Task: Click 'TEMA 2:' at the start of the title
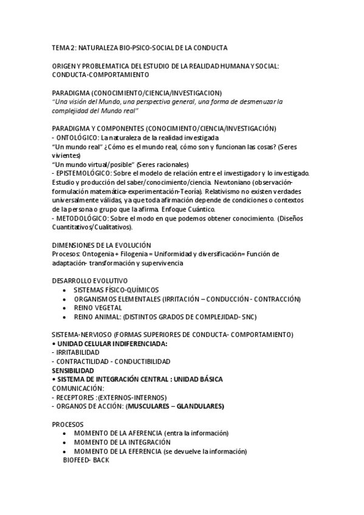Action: pyautogui.click(x=64, y=47)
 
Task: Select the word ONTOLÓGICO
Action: pyautogui.click(x=79, y=138)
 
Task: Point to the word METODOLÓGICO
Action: pyautogui.click(x=82, y=218)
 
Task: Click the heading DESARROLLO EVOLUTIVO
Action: pyautogui.click(x=89, y=281)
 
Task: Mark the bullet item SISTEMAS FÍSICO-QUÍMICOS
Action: pyautogui.click(x=115, y=290)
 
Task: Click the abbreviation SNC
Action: pyautogui.click(x=249, y=316)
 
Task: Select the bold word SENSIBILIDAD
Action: pyautogui.click(x=73, y=370)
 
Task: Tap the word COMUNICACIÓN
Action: pyautogui.click(x=78, y=387)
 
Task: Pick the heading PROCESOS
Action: pyautogui.click(x=68, y=424)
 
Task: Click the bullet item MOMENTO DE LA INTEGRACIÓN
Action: pyautogui.click(x=122, y=442)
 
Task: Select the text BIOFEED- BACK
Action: pyautogui.click(x=86, y=460)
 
